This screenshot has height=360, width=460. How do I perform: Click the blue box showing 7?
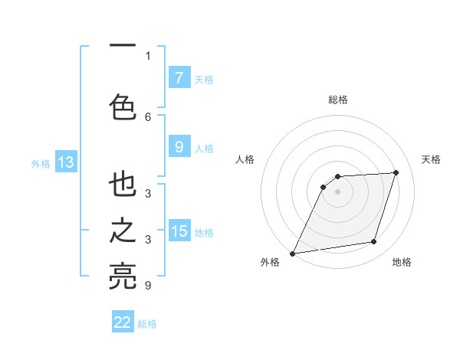179,77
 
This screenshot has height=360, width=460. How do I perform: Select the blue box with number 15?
179,231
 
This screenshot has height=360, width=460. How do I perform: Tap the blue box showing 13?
65,162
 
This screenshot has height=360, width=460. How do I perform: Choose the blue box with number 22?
123,322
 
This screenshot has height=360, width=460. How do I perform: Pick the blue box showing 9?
179,147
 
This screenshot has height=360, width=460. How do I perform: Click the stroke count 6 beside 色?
148,116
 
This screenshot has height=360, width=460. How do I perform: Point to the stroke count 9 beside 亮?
148,286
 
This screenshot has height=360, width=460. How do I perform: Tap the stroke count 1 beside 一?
148,55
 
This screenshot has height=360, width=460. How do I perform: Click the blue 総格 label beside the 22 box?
147,324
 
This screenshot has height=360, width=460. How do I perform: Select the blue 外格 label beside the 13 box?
41,163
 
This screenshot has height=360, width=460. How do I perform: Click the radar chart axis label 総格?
337,100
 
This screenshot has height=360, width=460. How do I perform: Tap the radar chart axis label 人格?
245,159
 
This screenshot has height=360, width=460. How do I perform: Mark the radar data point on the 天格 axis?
396,172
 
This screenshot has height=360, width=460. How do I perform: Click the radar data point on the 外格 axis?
292,253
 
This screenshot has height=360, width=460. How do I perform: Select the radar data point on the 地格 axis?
374,242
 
